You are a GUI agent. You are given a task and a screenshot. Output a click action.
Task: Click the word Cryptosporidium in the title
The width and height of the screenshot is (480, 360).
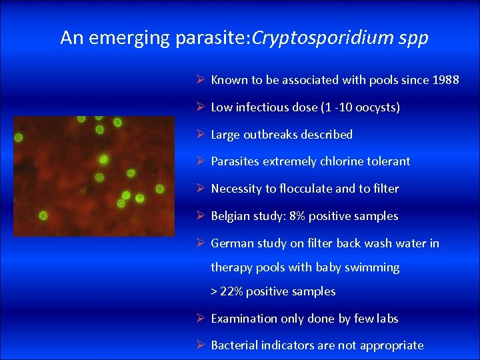[x=331, y=38]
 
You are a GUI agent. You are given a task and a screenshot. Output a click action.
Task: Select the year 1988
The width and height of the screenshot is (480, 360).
[x=445, y=80]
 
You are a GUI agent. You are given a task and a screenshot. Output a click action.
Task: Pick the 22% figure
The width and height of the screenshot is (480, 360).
[x=231, y=291]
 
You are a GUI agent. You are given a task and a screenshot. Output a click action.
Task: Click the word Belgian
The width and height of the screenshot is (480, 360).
[x=231, y=216]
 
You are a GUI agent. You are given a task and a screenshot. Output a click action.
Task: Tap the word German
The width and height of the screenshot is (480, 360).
[x=231, y=243]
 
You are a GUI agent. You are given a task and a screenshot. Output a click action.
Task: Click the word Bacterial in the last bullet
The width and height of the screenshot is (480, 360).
[x=234, y=345]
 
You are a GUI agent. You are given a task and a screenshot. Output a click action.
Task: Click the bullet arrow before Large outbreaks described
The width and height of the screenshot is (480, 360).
[x=201, y=134]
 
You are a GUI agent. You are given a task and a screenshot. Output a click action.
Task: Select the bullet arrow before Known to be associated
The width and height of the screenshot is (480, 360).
[x=201, y=80]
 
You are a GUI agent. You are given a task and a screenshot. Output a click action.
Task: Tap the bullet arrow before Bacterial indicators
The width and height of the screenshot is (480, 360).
[x=201, y=345]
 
